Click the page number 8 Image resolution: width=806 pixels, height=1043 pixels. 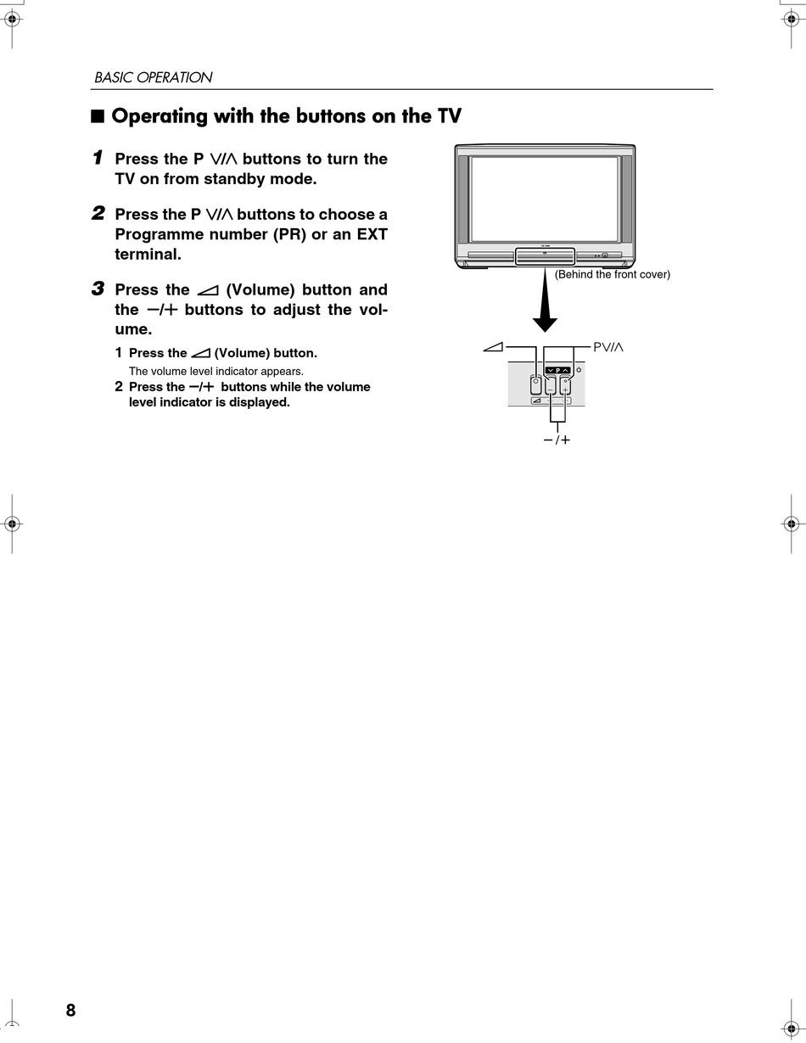[x=70, y=1010]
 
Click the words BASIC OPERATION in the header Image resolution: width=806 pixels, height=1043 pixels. [x=153, y=77]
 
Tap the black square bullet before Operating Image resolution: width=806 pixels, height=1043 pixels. [x=98, y=116]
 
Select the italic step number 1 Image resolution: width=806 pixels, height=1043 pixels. [x=98, y=158]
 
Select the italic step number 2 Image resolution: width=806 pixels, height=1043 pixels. [x=98, y=213]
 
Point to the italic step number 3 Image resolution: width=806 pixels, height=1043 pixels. [x=98, y=289]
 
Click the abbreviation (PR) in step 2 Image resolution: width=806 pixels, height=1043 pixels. [x=289, y=234]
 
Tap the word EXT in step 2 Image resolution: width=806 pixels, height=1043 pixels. [x=372, y=234]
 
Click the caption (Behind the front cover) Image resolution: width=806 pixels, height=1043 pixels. [x=612, y=274]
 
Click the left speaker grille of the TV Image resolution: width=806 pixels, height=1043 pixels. [x=463, y=198]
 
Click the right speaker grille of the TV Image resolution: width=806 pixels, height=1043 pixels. [x=627, y=198]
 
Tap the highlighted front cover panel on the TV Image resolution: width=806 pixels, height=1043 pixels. [x=545, y=255]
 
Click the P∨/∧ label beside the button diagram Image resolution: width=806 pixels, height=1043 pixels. [x=607, y=346]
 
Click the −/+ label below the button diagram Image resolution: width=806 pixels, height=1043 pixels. [x=557, y=440]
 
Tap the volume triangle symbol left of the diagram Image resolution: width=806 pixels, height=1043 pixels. [x=492, y=346]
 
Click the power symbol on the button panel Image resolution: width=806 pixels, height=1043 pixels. [x=579, y=370]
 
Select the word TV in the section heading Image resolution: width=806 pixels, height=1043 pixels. [x=449, y=116]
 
